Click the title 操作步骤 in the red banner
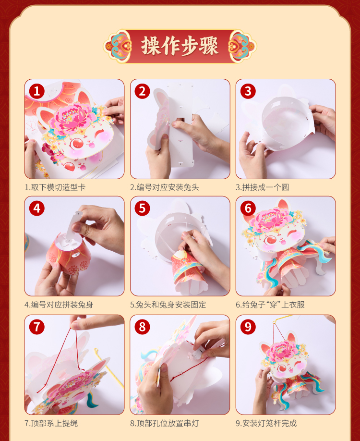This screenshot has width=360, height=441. [x=180, y=46]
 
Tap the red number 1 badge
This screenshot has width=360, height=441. [x=37, y=91]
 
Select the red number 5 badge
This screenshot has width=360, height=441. [x=142, y=208]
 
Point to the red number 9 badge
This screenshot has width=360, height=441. [x=248, y=327]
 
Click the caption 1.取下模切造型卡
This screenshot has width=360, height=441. [x=55, y=187]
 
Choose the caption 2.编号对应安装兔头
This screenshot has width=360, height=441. [x=165, y=187]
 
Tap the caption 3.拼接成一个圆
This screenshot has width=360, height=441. [x=262, y=187]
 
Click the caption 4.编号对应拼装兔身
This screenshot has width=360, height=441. [x=59, y=305]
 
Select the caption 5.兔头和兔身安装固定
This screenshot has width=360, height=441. [x=168, y=305]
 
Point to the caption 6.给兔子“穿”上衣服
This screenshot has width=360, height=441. [x=270, y=305]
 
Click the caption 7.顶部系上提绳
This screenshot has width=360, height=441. [x=51, y=423]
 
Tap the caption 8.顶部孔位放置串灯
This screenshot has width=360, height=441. [x=165, y=423]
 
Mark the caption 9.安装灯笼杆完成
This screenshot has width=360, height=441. [x=266, y=423]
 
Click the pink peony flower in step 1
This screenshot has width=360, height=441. [x=73, y=118]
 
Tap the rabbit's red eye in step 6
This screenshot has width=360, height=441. [x=271, y=240]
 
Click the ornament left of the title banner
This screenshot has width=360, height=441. [x=118, y=46]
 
